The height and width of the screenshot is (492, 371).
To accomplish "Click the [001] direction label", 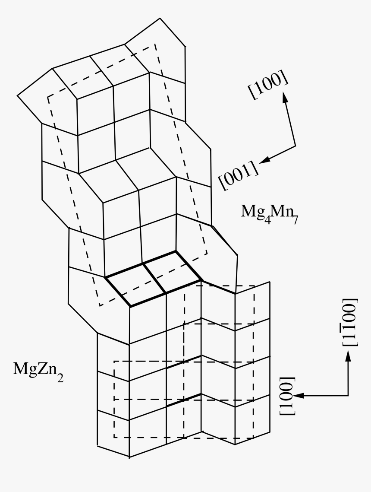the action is coord(239,175).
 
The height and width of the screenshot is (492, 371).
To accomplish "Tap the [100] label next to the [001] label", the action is coord(268,84).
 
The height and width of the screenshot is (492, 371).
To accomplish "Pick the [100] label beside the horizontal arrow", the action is coord(287,395).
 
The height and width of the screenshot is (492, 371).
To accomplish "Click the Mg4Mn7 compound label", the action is coord(269,213).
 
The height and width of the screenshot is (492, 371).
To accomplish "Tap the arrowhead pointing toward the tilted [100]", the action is coord(286,97).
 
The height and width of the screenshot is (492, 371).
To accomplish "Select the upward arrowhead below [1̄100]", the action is coord(348,356).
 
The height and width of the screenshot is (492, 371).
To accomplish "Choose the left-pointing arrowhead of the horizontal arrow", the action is coord(298,396).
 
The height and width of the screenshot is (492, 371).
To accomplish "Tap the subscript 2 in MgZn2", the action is coord(60,378).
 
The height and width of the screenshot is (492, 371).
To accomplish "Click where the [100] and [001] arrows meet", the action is coord(296,146).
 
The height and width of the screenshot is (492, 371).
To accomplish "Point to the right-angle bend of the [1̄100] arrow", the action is coord(348,396).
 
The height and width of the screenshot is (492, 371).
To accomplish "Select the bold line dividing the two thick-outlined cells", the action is coord(154,278).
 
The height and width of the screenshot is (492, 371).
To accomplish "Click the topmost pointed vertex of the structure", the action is coord(160,18).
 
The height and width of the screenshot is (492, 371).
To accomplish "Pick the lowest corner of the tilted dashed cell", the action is coord(100,305).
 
